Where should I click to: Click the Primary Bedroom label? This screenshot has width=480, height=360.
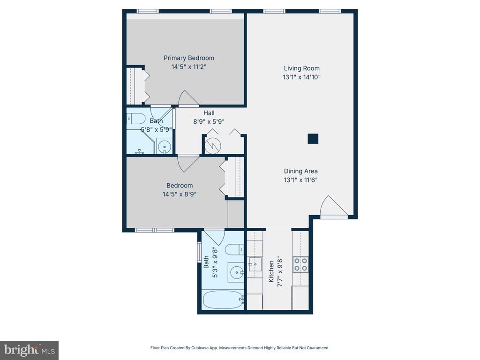tap(188, 58)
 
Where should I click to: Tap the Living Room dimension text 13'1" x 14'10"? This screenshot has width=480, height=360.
tap(301, 77)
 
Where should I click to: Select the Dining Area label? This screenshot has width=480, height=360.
tap(300, 171)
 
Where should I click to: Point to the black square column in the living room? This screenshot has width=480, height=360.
tap(313, 139)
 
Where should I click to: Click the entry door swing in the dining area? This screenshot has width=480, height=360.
tap(332, 206)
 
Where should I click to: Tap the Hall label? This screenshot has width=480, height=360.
tap(209, 113)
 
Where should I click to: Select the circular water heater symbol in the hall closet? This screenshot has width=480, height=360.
tap(212, 145)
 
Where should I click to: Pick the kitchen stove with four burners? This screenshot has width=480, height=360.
tap(300, 264)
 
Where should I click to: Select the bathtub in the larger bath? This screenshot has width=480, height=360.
tap(222, 300)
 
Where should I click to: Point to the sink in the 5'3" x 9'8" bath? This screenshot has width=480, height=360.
tap(237, 272)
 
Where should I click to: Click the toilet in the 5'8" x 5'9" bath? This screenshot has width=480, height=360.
tap(135, 118)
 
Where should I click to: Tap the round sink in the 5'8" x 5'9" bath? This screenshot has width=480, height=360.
tap(165, 147)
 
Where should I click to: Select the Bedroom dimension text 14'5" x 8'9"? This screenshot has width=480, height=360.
tap(179, 194)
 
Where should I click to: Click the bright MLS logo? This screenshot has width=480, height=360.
tap(29, 350)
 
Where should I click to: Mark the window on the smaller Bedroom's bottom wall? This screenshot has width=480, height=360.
tap(155, 230)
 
